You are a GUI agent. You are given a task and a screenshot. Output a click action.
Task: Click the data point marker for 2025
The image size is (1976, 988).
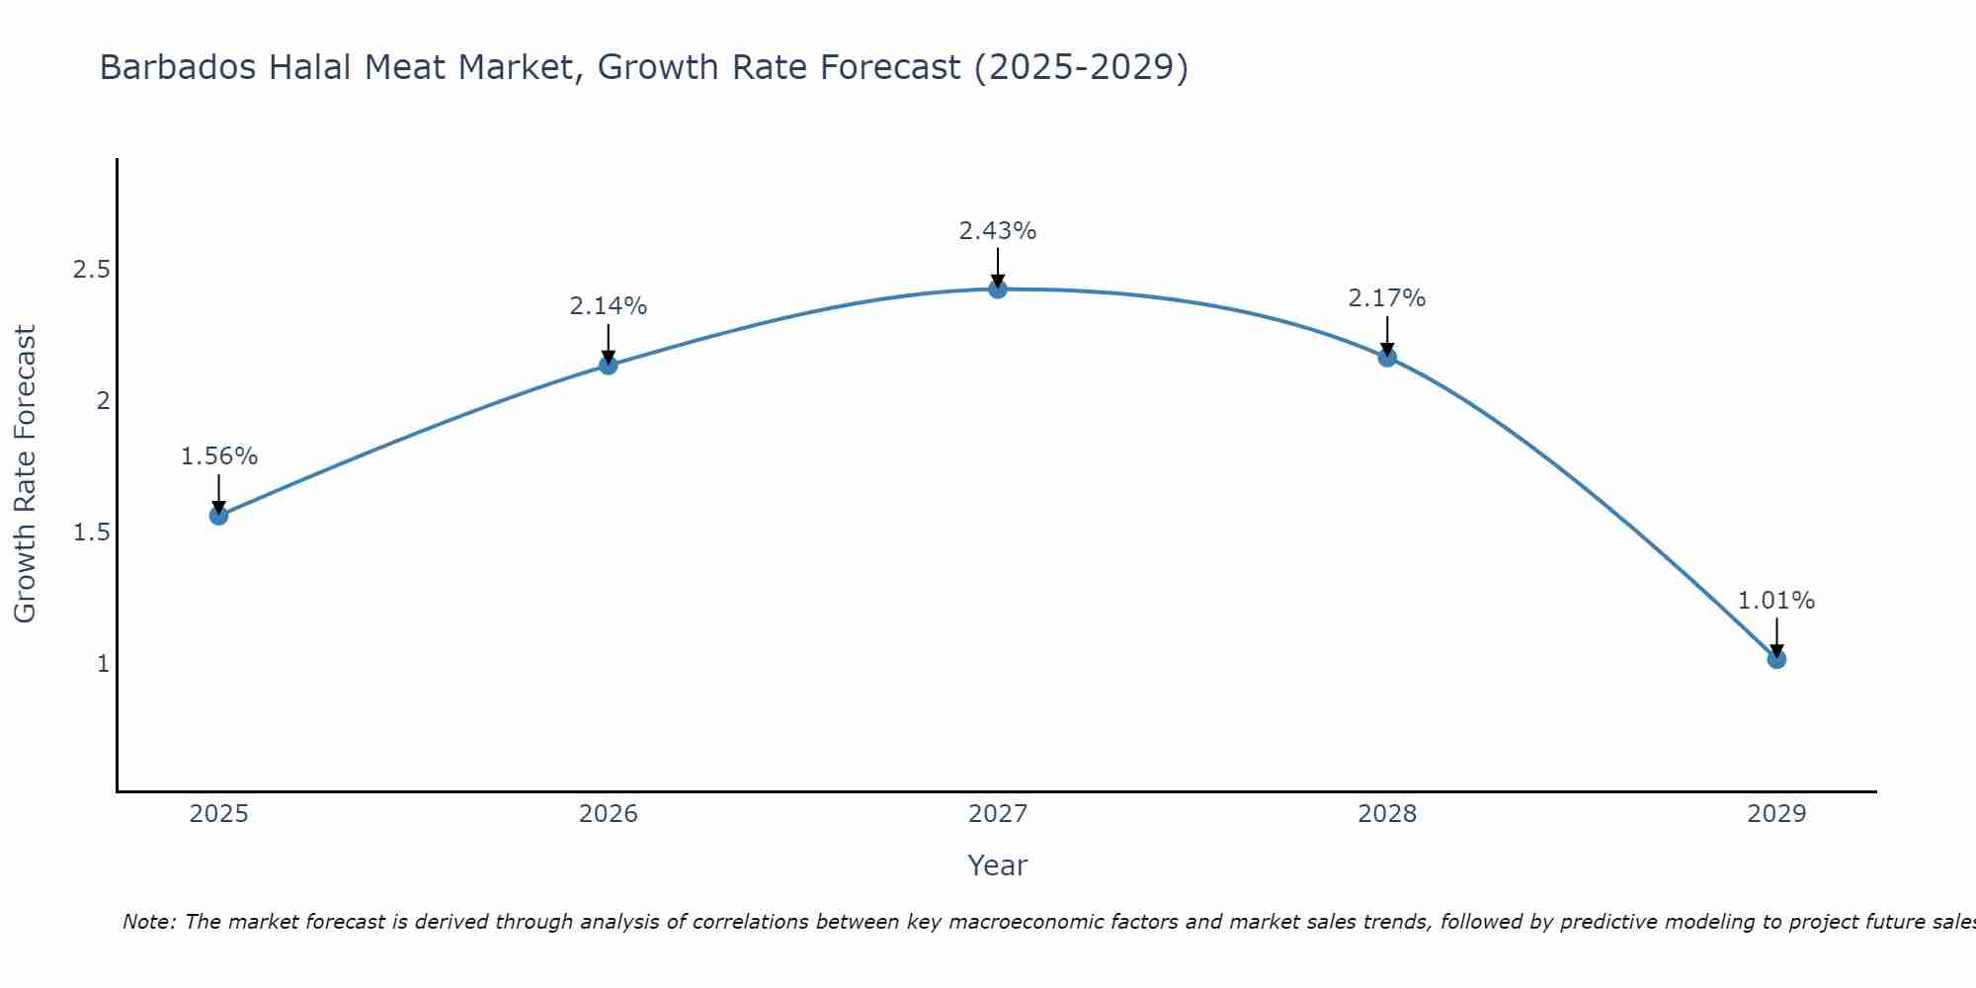218,515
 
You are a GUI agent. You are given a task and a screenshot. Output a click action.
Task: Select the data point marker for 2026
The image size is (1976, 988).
608,365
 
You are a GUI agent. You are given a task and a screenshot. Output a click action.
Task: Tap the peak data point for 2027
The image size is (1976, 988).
997,288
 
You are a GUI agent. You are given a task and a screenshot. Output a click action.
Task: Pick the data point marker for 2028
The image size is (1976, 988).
1387,357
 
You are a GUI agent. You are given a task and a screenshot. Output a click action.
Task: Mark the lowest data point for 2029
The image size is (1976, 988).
1776,659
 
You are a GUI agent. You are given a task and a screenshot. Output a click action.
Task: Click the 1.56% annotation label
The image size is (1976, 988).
218,456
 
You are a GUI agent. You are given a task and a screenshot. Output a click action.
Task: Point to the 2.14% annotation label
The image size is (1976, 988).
608,306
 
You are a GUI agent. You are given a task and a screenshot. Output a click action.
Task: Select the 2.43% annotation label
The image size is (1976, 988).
997,231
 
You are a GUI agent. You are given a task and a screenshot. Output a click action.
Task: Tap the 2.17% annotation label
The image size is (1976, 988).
1387,298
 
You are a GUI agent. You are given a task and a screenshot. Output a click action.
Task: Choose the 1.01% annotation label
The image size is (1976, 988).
1776,601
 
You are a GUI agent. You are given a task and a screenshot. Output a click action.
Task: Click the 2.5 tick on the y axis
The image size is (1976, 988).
91,270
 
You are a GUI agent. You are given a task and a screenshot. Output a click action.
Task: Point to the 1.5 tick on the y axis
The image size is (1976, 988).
91,533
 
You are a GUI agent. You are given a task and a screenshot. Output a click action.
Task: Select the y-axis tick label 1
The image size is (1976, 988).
103,664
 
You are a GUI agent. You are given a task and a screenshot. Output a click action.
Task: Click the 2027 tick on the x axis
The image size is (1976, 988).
997,814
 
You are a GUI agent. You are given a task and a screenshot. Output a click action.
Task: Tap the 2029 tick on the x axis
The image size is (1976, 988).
1776,814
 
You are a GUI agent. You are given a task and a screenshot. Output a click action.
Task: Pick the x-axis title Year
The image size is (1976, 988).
997,865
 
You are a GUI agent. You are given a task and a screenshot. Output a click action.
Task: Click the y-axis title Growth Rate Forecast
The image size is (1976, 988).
25,474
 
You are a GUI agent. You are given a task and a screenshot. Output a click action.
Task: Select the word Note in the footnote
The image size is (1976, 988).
147,922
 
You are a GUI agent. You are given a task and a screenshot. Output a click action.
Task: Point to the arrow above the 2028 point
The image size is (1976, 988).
1387,335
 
